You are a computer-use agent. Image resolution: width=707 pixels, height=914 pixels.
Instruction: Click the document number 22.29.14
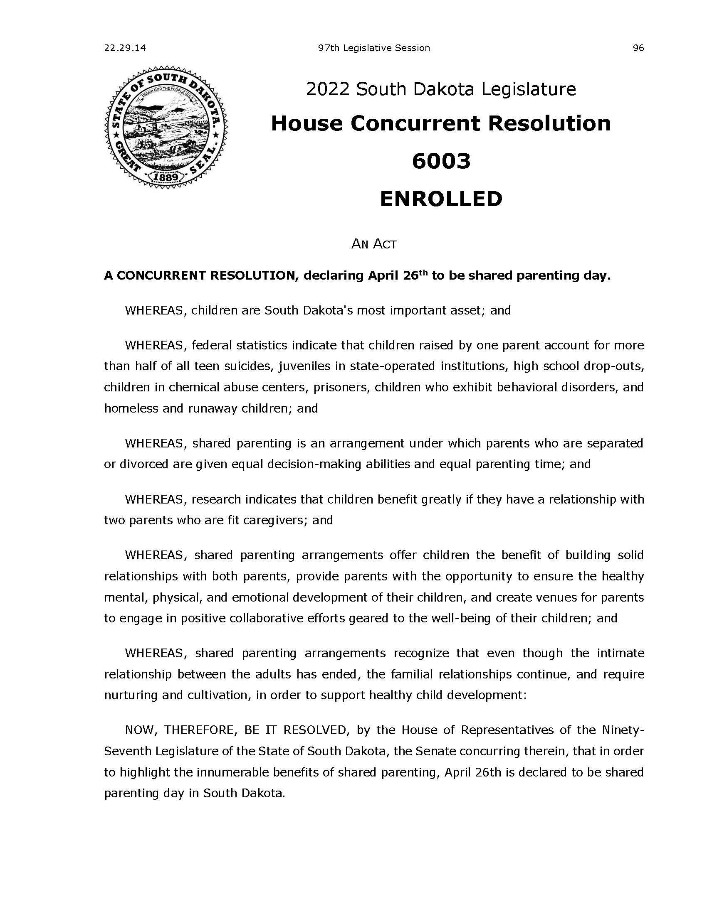[x=125, y=48]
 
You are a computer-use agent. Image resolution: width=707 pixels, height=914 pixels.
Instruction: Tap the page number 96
[x=638, y=48]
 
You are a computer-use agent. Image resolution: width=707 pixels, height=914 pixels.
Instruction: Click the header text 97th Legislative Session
[x=374, y=48]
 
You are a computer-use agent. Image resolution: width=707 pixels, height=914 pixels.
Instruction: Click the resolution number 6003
[x=441, y=161]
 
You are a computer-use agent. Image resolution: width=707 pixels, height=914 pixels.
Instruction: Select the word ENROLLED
[x=441, y=199]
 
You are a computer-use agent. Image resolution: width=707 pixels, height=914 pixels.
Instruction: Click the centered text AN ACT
[x=373, y=244]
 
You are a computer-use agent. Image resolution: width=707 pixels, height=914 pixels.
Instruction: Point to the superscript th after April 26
[x=423, y=273]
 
